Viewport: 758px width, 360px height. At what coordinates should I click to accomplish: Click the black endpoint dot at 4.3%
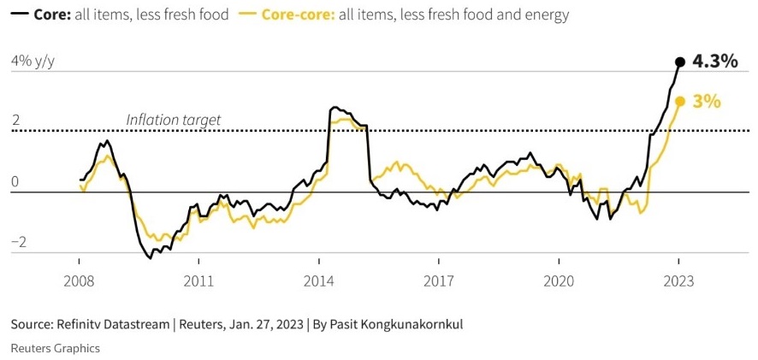679,62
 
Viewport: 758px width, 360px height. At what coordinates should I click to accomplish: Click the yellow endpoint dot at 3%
679,101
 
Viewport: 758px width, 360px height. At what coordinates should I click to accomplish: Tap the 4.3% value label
714,61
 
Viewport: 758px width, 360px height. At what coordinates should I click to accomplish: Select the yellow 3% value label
707,101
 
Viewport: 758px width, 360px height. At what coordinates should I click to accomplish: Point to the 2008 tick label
78,281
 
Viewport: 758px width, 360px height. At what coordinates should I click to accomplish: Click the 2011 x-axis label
198,281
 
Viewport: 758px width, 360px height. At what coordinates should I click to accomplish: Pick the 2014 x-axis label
318,281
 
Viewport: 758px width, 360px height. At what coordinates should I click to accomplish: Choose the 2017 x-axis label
438,281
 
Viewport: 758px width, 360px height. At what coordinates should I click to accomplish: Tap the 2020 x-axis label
558,281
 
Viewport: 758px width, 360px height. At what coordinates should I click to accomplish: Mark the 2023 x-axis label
678,281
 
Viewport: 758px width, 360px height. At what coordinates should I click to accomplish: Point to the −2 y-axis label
18,243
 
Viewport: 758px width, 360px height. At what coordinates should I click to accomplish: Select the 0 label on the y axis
15,182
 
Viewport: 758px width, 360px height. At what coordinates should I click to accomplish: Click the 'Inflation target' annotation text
173,120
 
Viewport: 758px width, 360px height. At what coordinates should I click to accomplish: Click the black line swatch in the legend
18,15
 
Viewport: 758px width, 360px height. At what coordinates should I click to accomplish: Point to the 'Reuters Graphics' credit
55,348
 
